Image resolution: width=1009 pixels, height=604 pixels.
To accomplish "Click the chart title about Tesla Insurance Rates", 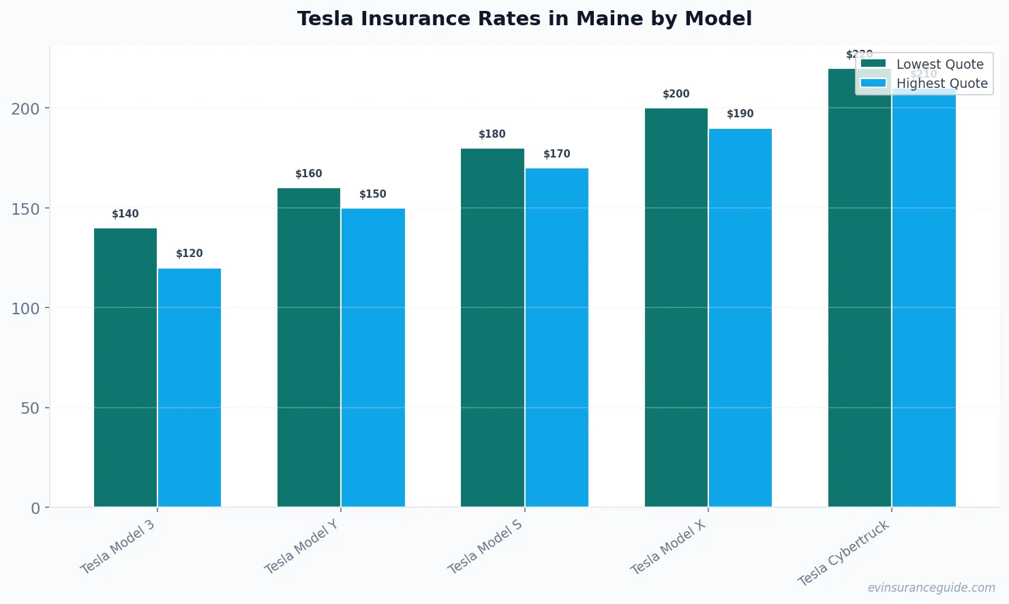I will [524, 18].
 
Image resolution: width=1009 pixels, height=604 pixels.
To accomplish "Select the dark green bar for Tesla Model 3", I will [125, 367].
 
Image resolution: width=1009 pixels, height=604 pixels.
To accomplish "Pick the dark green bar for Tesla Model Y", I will [309, 348].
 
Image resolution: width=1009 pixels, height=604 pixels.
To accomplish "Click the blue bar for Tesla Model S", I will [556, 337].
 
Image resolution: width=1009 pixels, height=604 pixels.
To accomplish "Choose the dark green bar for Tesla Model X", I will [676, 307].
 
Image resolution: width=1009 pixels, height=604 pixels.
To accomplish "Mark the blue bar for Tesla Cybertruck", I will [924, 300].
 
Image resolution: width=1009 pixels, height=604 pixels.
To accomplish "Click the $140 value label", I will [125, 214].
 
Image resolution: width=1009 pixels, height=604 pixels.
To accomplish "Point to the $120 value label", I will [190, 254].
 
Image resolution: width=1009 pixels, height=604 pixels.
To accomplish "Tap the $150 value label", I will [373, 194].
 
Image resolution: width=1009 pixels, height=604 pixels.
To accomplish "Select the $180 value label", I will [492, 134].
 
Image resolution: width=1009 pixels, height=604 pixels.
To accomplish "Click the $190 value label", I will [740, 114].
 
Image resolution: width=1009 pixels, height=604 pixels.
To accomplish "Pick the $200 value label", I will [676, 94].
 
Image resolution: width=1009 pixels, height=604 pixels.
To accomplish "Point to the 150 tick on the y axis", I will [25, 209].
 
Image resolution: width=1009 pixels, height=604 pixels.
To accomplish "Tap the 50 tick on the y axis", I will [30, 408].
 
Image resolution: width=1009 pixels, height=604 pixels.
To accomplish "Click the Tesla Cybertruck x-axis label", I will [844, 553].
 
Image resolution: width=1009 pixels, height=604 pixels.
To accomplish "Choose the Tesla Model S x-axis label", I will [485, 547].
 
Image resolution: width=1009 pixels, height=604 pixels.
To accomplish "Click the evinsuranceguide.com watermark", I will [931, 588].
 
